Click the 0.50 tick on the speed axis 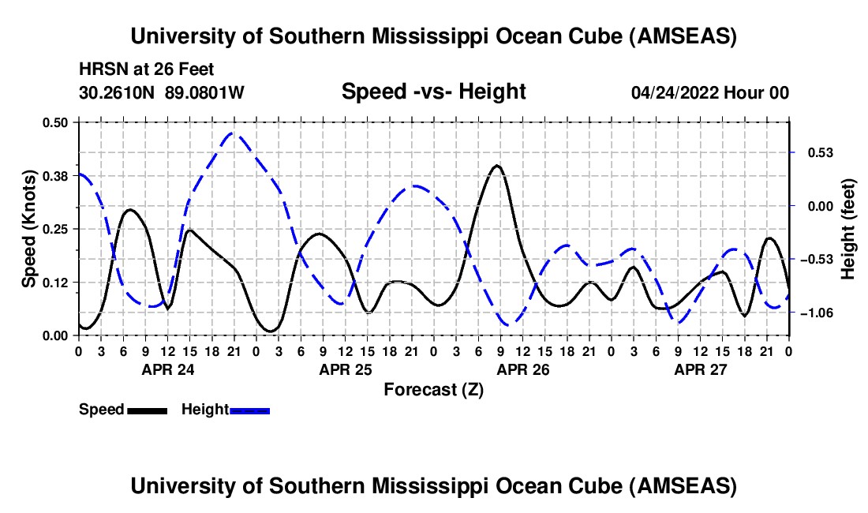(x=56, y=122)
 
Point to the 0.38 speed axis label (x=56, y=175)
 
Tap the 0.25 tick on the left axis (x=56, y=229)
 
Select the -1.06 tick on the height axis (x=817, y=313)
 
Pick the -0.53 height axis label (x=817, y=260)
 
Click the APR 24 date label (x=167, y=369)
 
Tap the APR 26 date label (x=522, y=369)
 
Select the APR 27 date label (x=700, y=369)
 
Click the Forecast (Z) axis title (x=433, y=389)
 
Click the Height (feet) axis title (x=848, y=228)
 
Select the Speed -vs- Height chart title (x=433, y=92)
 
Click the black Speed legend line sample (x=147, y=410)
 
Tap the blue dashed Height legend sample (x=250, y=410)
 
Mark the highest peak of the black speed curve (x=496, y=166)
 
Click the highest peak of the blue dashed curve (x=231, y=133)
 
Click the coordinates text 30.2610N (x=119, y=92)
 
